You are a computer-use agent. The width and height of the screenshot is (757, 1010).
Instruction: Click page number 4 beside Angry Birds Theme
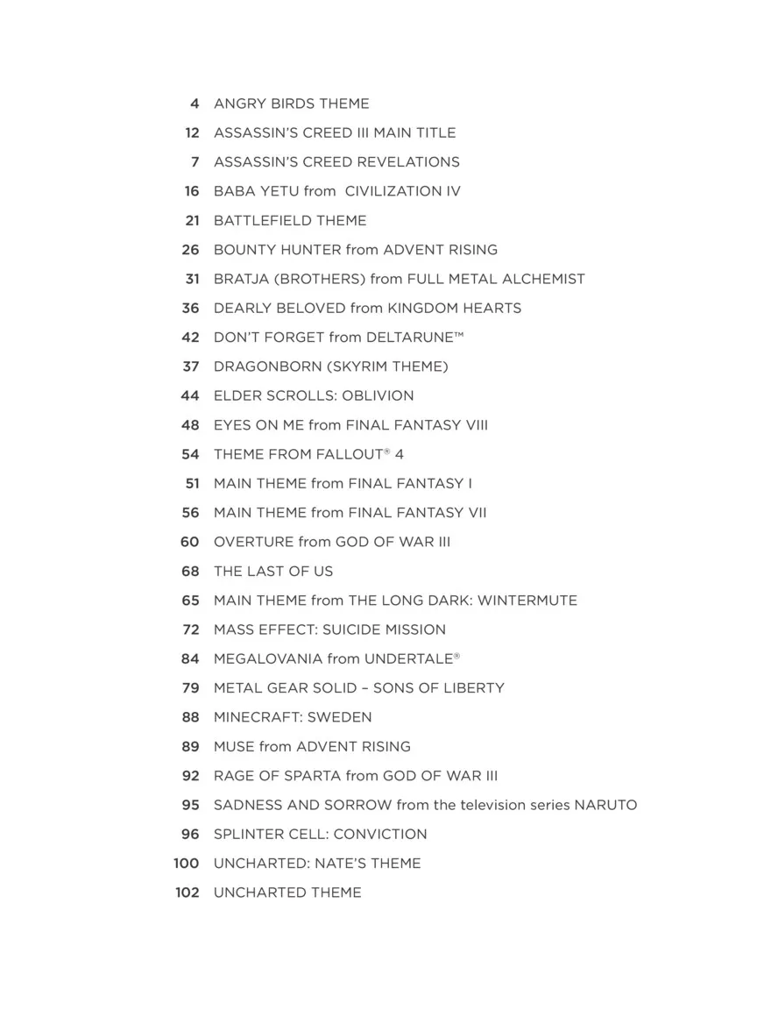pos(194,103)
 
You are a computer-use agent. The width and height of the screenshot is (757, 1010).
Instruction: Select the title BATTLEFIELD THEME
pos(290,220)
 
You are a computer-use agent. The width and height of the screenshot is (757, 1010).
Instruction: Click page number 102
pos(187,893)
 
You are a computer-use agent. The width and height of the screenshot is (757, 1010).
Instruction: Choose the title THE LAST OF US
pos(273,571)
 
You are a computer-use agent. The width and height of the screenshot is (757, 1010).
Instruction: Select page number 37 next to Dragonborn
pos(191,366)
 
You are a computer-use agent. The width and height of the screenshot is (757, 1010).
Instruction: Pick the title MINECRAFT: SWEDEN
pos(293,717)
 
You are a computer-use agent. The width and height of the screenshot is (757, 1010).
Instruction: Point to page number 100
pos(187,864)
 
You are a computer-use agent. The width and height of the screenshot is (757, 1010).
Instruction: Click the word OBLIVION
pos(378,395)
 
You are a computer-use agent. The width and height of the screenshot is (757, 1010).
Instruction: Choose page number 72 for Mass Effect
pos(191,629)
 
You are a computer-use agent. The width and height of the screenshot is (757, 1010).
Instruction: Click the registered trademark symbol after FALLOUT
pos(386,451)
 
